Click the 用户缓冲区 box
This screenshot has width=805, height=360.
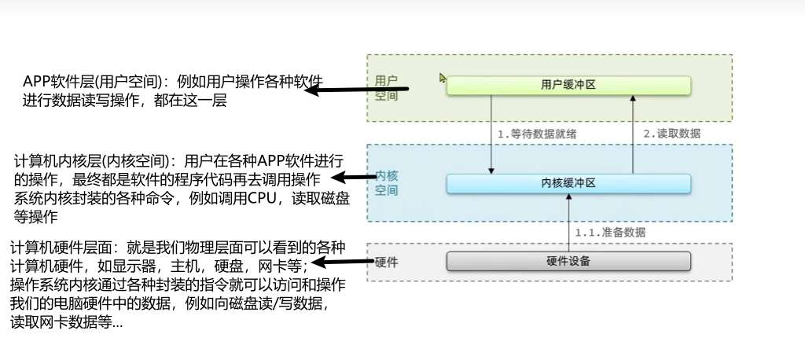(x=568, y=85)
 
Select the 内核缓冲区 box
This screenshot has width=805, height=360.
(x=568, y=183)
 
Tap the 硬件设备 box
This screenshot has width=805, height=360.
(x=568, y=261)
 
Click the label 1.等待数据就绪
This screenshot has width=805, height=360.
(x=537, y=134)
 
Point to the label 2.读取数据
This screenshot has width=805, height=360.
(x=672, y=134)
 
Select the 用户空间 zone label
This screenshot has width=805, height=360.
(x=386, y=88)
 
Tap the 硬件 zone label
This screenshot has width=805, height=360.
(x=386, y=262)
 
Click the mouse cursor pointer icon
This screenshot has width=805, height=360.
(x=443, y=78)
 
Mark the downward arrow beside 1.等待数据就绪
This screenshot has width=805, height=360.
(x=491, y=134)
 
